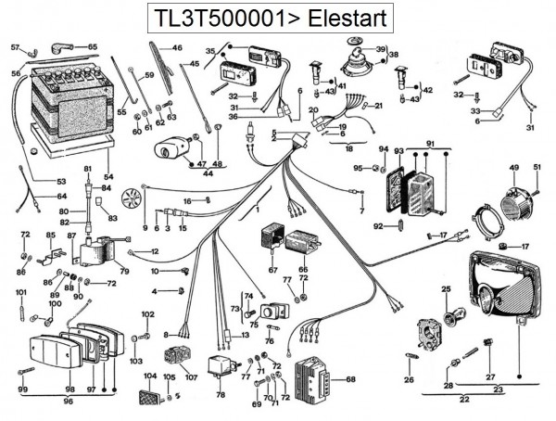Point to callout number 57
(x=15, y=46)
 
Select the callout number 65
(x=92, y=46)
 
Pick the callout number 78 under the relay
(x=221, y=394)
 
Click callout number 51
(x=535, y=166)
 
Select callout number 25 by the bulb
(x=446, y=290)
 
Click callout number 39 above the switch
(x=380, y=49)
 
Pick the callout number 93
(x=398, y=151)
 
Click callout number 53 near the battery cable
(x=61, y=182)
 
